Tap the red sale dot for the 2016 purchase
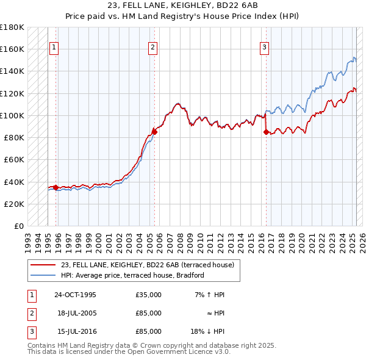pyautogui.click(x=266, y=131)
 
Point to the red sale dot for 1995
pyautogui.click(x=56, y=187)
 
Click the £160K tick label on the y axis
pyautogui.click(x=12, y=49)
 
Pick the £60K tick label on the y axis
pyautogui.click(x=14, y=159)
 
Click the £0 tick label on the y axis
pyautogui.click(x=19, y=226)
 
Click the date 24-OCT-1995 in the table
pyautogui.click(x=75, y=295)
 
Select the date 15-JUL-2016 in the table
pyautogui.click(x=75, y=331)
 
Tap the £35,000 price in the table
pyautogui.click(x=149, y=295)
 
